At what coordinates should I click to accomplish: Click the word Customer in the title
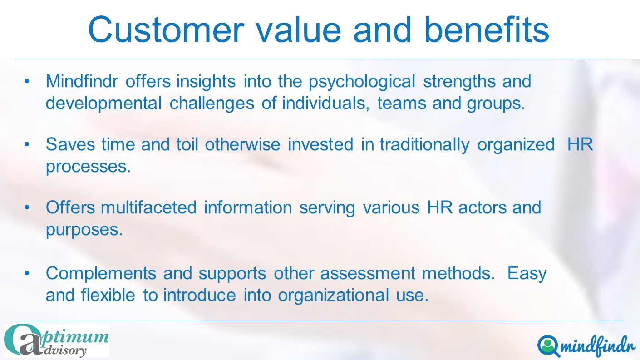pos(166,30)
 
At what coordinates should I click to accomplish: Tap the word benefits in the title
pos(487,29)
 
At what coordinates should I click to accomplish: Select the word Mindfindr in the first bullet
pos(82,81)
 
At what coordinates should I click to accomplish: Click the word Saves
pos(70,144)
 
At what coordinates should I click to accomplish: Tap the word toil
pos(187,144)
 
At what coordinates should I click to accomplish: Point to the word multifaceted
pos(148,207)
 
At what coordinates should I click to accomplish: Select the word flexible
pos(108,295)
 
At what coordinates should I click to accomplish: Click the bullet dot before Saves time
pos(27,144)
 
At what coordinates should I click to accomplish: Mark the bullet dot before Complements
pos(27,273)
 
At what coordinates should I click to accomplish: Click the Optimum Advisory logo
pos(56,340)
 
